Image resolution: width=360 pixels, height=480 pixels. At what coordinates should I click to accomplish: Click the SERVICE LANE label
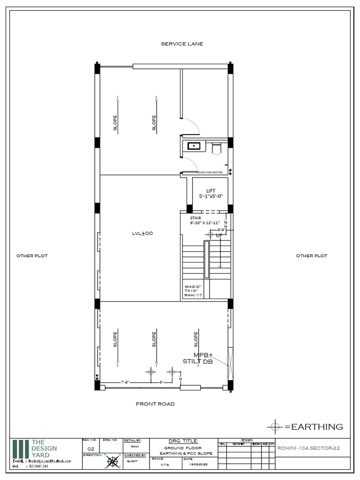coord(182,44)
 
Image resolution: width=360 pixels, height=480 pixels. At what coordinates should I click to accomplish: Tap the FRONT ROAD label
coord(155,404)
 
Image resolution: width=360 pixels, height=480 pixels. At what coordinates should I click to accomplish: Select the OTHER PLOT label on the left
coord(32,256)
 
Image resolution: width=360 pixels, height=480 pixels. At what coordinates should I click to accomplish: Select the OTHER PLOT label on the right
coord(312,256)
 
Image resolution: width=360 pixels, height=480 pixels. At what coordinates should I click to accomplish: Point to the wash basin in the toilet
coord(194,146)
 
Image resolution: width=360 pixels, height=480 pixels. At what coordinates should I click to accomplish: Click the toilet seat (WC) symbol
coord(217,149)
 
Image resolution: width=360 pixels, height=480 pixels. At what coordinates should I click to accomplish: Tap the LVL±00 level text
coord(143,233)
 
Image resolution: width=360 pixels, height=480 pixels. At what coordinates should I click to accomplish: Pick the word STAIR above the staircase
coord(195,218)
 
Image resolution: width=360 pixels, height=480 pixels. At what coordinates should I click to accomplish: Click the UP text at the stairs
coord(218,235)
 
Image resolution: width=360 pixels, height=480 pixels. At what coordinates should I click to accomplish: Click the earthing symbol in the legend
coord(274,427)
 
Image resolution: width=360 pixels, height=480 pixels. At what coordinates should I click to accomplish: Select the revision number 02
coord(91,449)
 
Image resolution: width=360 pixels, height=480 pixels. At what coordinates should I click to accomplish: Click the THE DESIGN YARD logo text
coord(44,449)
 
